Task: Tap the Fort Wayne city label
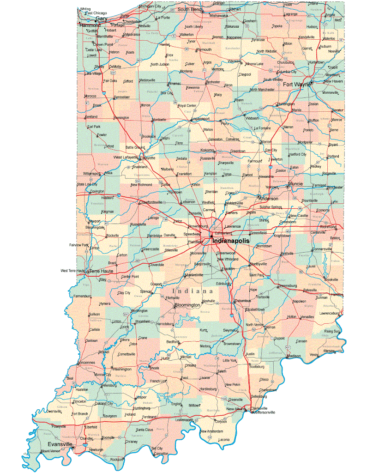pos(296,85)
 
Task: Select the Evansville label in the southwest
pos(57,444)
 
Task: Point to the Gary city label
pos(101,19)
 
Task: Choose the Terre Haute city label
pos(101,271)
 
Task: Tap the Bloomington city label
pos(187,305)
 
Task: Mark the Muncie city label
pos(295,184)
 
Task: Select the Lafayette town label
pos(149,158)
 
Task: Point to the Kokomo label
pos(207,150)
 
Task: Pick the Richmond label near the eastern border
pos(328,227)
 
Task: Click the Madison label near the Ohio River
pos(294,356)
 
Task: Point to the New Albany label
pos(236,409)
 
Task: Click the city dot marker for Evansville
pos(73,447)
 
